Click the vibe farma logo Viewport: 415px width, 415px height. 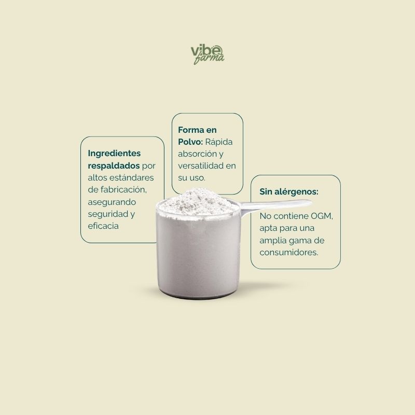pos(208,54)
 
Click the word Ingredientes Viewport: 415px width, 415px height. pos(114,154)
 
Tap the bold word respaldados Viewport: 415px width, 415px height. pos(114,165)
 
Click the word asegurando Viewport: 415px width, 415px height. pos(112,202)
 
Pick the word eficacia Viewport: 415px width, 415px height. pos(103,226)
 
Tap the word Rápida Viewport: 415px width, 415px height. pos(219,142)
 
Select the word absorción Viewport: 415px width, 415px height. pos(197,154)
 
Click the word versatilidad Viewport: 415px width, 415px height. pos(201,165)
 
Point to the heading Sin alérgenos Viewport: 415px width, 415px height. pos(289,191)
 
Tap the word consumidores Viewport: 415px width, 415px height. pos(289,253)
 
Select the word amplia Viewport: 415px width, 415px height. pos(273,241)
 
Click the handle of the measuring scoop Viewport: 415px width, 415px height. pos(275,204)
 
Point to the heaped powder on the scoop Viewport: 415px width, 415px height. pos(199,202)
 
